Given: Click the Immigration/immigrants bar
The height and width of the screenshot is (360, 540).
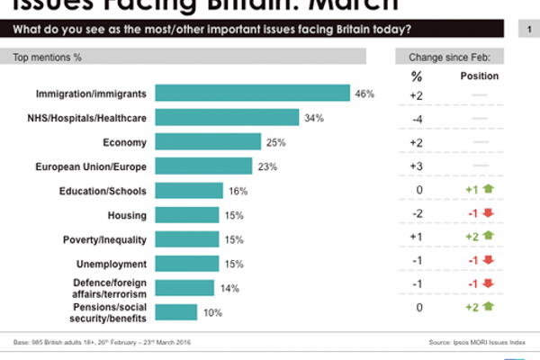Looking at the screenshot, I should click(x=252, y=94).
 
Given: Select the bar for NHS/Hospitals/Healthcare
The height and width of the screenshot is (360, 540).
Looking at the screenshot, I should click(x=227, y=118).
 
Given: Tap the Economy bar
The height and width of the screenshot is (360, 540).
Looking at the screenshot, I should click(x=208, y=141).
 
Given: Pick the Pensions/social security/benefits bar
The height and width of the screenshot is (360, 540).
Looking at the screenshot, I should click(x=176, y=311).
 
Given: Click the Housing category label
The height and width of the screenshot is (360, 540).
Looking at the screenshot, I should click(x=128, y=214).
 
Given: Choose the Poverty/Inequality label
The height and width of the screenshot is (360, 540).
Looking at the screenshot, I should click(x=104, y=239).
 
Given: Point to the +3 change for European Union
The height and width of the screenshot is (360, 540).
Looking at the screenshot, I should click(x=416, y=166).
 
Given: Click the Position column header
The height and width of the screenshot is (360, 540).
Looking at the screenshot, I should click(x=480, y=76).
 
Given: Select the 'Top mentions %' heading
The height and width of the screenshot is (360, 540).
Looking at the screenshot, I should click(x=47, y=57).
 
